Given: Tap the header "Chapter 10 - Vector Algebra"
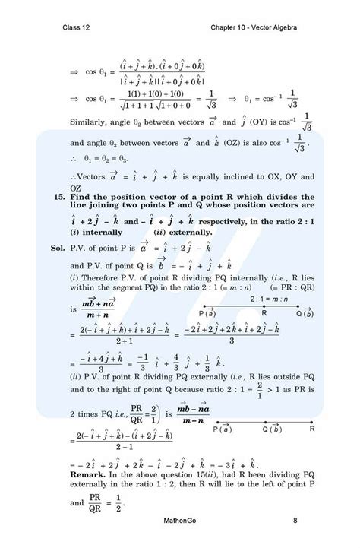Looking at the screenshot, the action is click(254, 28).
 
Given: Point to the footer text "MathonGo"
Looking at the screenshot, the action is click(182, 521).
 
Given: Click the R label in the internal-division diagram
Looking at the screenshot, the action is click(264, 312).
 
